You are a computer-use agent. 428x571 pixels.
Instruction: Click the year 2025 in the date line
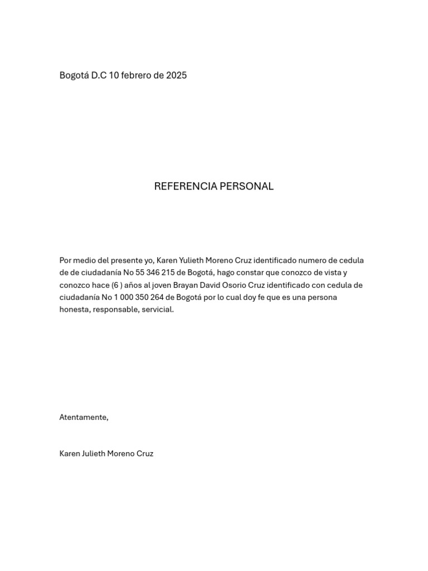click(x=176, y=75)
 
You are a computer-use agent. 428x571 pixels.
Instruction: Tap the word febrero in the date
click(x=135, y=75)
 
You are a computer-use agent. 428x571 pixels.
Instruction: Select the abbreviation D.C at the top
click(x=99, y=75)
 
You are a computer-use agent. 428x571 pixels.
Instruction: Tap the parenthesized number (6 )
click(x=117, y=285)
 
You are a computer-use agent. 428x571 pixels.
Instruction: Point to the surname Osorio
click(x=233, y=285)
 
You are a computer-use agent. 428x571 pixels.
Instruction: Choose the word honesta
click(x=75, y=309)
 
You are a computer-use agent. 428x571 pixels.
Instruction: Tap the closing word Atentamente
click(x=84, y=417)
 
